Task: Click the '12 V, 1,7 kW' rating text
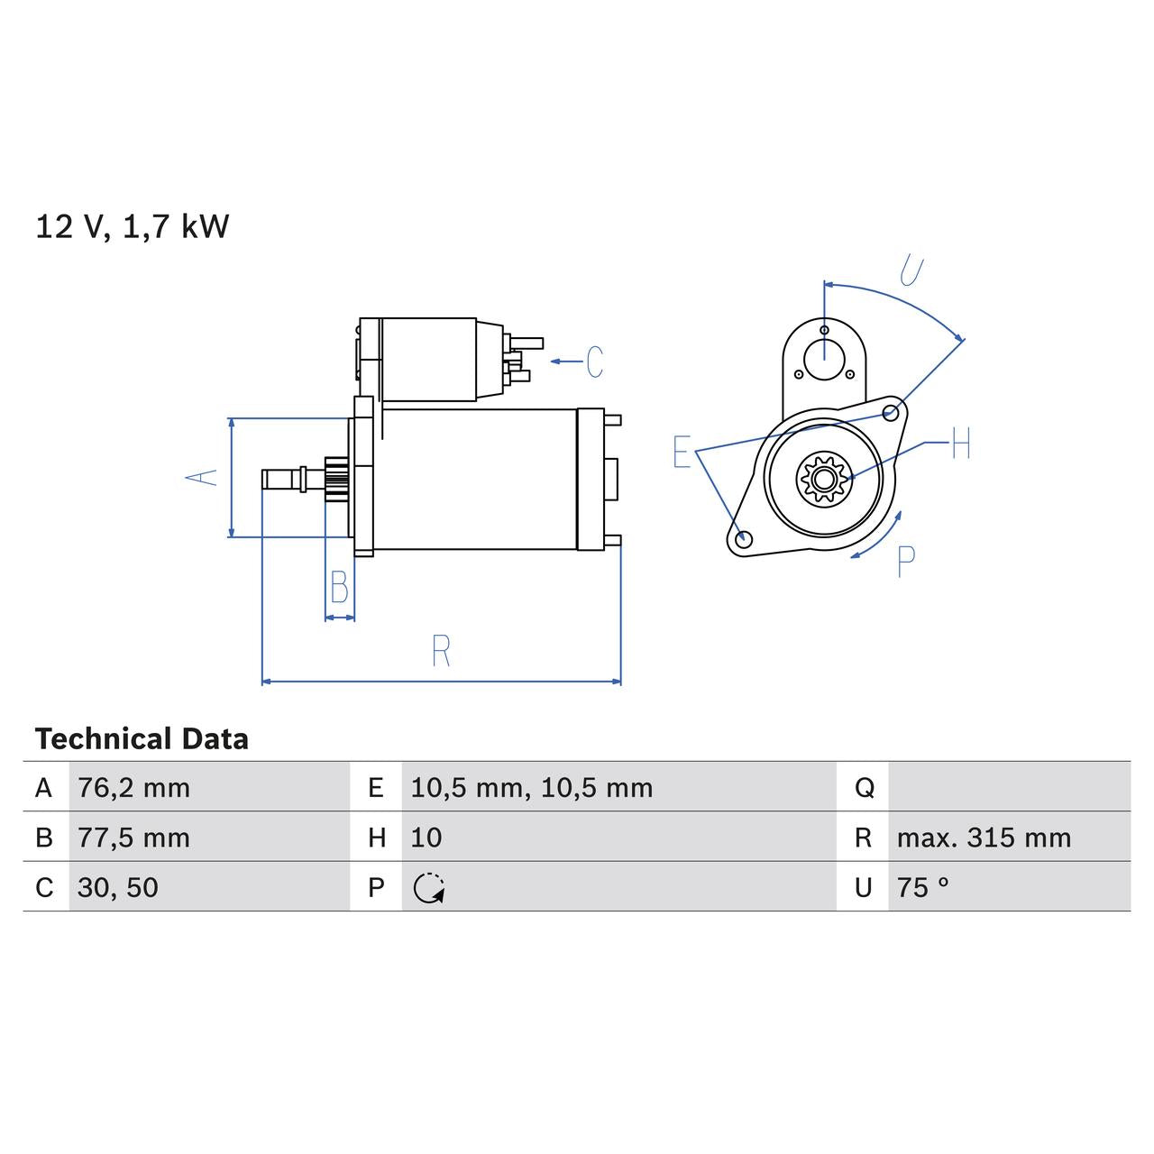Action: (x=133, y=226)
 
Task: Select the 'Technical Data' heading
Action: (x=142, y=739)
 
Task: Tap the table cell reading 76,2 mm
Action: (x=134, y=788)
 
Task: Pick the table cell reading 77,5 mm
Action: (x=134, y=838)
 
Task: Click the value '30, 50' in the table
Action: (x=118, y=887)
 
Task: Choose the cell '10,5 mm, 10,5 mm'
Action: (x=531, y=788)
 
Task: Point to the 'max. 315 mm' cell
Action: (x=984, y=838)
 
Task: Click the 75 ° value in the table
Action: (x=923, y=887)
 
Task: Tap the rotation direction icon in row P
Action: (x=429, y=888)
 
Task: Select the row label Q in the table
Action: (x=864, y=788)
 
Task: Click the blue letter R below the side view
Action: (x=441, y=651)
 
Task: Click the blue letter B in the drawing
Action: (x=340, y=588)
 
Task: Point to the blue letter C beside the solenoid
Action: (x=594, y=362)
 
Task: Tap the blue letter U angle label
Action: (x=911, y=270)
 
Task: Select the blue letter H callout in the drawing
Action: (x=960, y=444)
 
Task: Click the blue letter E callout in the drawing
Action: (x=682, y=452)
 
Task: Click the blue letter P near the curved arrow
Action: (x=906, y=562)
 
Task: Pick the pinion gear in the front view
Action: (x=822, y=478)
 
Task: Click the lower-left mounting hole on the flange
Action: (x=744, y=539)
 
